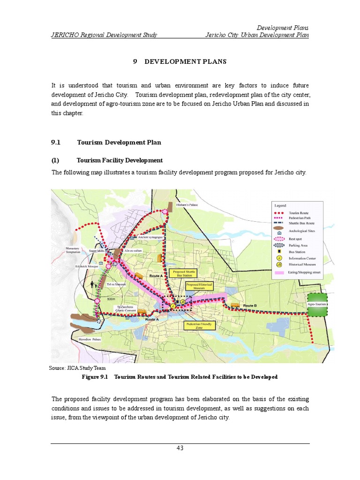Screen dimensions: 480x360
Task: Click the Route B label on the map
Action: tap(250, 305)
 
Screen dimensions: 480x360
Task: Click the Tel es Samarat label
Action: tap(116, 285)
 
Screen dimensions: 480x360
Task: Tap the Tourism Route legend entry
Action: tap(296, 212)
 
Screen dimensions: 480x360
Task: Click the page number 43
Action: tap(180, 448)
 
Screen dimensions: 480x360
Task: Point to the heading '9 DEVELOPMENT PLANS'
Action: tap(180, 61)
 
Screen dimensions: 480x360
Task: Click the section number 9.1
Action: tap(56, 142)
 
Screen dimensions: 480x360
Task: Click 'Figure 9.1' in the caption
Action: tap(95, 377)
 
